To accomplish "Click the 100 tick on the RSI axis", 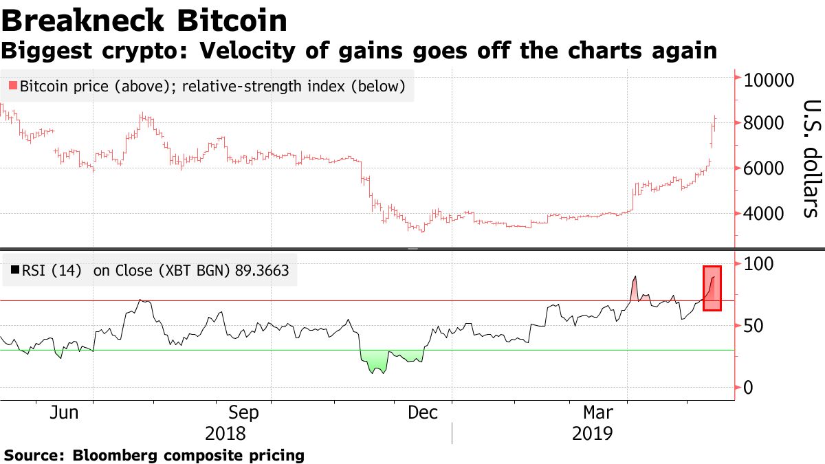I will (759, 263).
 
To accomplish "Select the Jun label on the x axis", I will (63, 413).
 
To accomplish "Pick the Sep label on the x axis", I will (243, 413).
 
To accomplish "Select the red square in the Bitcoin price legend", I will (12, 87).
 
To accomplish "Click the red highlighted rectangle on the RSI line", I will (712, 288).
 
